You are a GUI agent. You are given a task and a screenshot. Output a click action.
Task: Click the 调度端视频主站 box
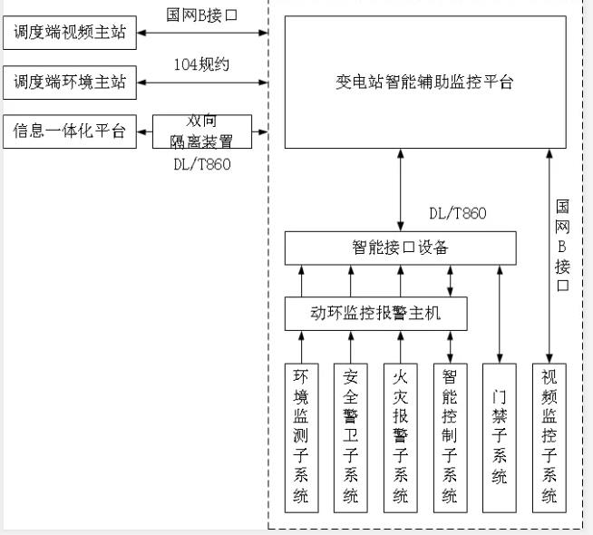70,34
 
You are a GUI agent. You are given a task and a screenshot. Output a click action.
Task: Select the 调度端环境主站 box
70,83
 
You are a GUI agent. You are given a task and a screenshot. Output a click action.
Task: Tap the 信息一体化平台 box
70,131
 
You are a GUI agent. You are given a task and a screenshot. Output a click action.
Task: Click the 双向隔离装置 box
204,132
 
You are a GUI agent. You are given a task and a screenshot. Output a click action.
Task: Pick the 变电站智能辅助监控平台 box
425,83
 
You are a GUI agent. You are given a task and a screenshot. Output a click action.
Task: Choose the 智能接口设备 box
400,247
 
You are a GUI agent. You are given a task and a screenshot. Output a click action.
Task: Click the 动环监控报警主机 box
376,313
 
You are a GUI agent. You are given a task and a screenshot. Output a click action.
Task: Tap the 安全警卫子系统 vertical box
351,436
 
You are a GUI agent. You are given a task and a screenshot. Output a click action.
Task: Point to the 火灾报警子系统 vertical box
400,436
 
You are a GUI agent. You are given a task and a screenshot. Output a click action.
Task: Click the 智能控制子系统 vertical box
450,436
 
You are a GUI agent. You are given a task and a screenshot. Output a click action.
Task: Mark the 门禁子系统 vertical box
499,436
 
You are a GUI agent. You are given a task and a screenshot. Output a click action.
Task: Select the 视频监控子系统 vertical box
549,436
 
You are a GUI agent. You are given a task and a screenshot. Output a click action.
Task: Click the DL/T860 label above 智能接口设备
457,214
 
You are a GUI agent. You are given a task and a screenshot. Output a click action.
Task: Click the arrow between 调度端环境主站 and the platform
204,83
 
